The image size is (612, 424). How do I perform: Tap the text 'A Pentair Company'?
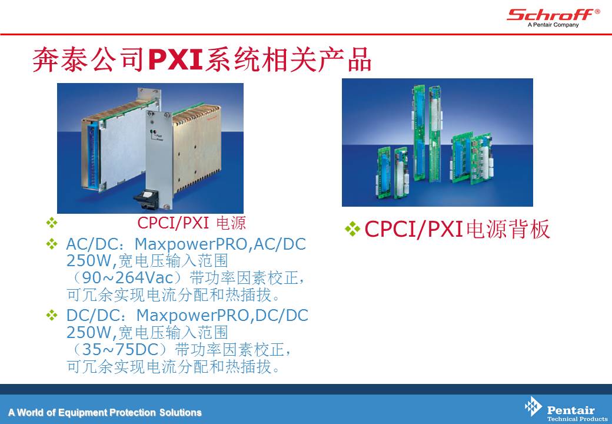[x=553, y=25]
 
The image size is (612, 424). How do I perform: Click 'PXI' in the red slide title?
[x=175, y=60]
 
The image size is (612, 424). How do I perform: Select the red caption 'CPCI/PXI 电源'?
[x=191, y=223]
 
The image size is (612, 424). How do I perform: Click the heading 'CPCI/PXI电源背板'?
[x=457, y=229]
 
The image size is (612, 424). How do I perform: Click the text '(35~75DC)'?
[x=119, y=349]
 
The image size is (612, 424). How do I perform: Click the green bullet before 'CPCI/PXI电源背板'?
[x=352, y=229]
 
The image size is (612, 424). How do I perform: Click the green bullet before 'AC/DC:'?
[x=52, y=244]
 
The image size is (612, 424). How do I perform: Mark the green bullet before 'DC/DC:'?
[x=52, y=315]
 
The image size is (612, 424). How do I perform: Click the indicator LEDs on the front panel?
[x=153, y=132]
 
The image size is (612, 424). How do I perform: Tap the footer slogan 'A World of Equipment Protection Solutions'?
[x=105, y=413]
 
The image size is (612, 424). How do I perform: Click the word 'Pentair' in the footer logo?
[x=571, y=410]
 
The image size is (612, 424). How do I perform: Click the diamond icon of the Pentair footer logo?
[x=533, y=407]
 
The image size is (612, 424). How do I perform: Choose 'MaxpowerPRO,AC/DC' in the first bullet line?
[x=220, y=244]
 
